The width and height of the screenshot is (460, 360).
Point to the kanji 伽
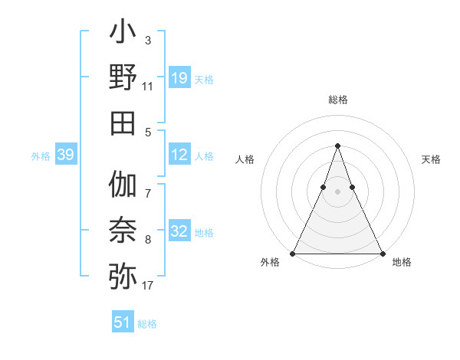click(123, 185)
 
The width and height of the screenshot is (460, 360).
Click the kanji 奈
click(123, 230)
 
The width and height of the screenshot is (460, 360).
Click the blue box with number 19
click(179, 78)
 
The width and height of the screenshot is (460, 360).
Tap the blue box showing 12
click(179, 155)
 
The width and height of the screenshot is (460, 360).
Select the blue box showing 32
click(179, 232)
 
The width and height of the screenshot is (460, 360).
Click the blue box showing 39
click(65, 155)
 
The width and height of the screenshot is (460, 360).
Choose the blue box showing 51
click(123, 322)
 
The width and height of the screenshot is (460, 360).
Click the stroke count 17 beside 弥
click(148, 286)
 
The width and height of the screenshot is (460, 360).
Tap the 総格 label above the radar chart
click(337, 100)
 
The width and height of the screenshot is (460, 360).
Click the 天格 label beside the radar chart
click(432, 159)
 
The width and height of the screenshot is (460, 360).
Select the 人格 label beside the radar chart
click(245, 159)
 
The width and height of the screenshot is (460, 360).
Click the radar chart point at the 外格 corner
click(293, 253)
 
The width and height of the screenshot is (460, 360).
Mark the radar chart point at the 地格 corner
click(382, 253)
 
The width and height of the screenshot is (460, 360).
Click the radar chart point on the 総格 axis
click(337, 146)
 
